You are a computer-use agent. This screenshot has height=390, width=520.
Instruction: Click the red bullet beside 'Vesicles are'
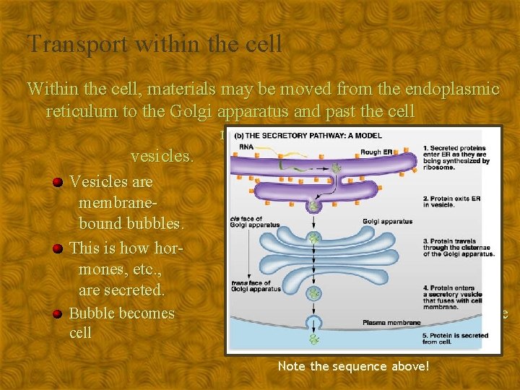(x=60, y=181)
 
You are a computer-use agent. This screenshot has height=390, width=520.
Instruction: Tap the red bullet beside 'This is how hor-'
(x=60, y=248)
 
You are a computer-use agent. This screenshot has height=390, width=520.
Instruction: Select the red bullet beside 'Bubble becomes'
(x=60, y=313)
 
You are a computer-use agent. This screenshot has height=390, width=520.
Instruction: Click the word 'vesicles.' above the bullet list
(x=162, y=155)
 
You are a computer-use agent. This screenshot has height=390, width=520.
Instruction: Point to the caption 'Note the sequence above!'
(x=353, y=366)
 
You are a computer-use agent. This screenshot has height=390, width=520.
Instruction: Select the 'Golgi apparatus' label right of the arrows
(x=386, y=221)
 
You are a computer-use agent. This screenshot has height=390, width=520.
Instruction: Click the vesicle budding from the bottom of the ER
(x=313, y=205)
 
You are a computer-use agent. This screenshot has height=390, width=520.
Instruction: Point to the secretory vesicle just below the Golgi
(x=313, y=292)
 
